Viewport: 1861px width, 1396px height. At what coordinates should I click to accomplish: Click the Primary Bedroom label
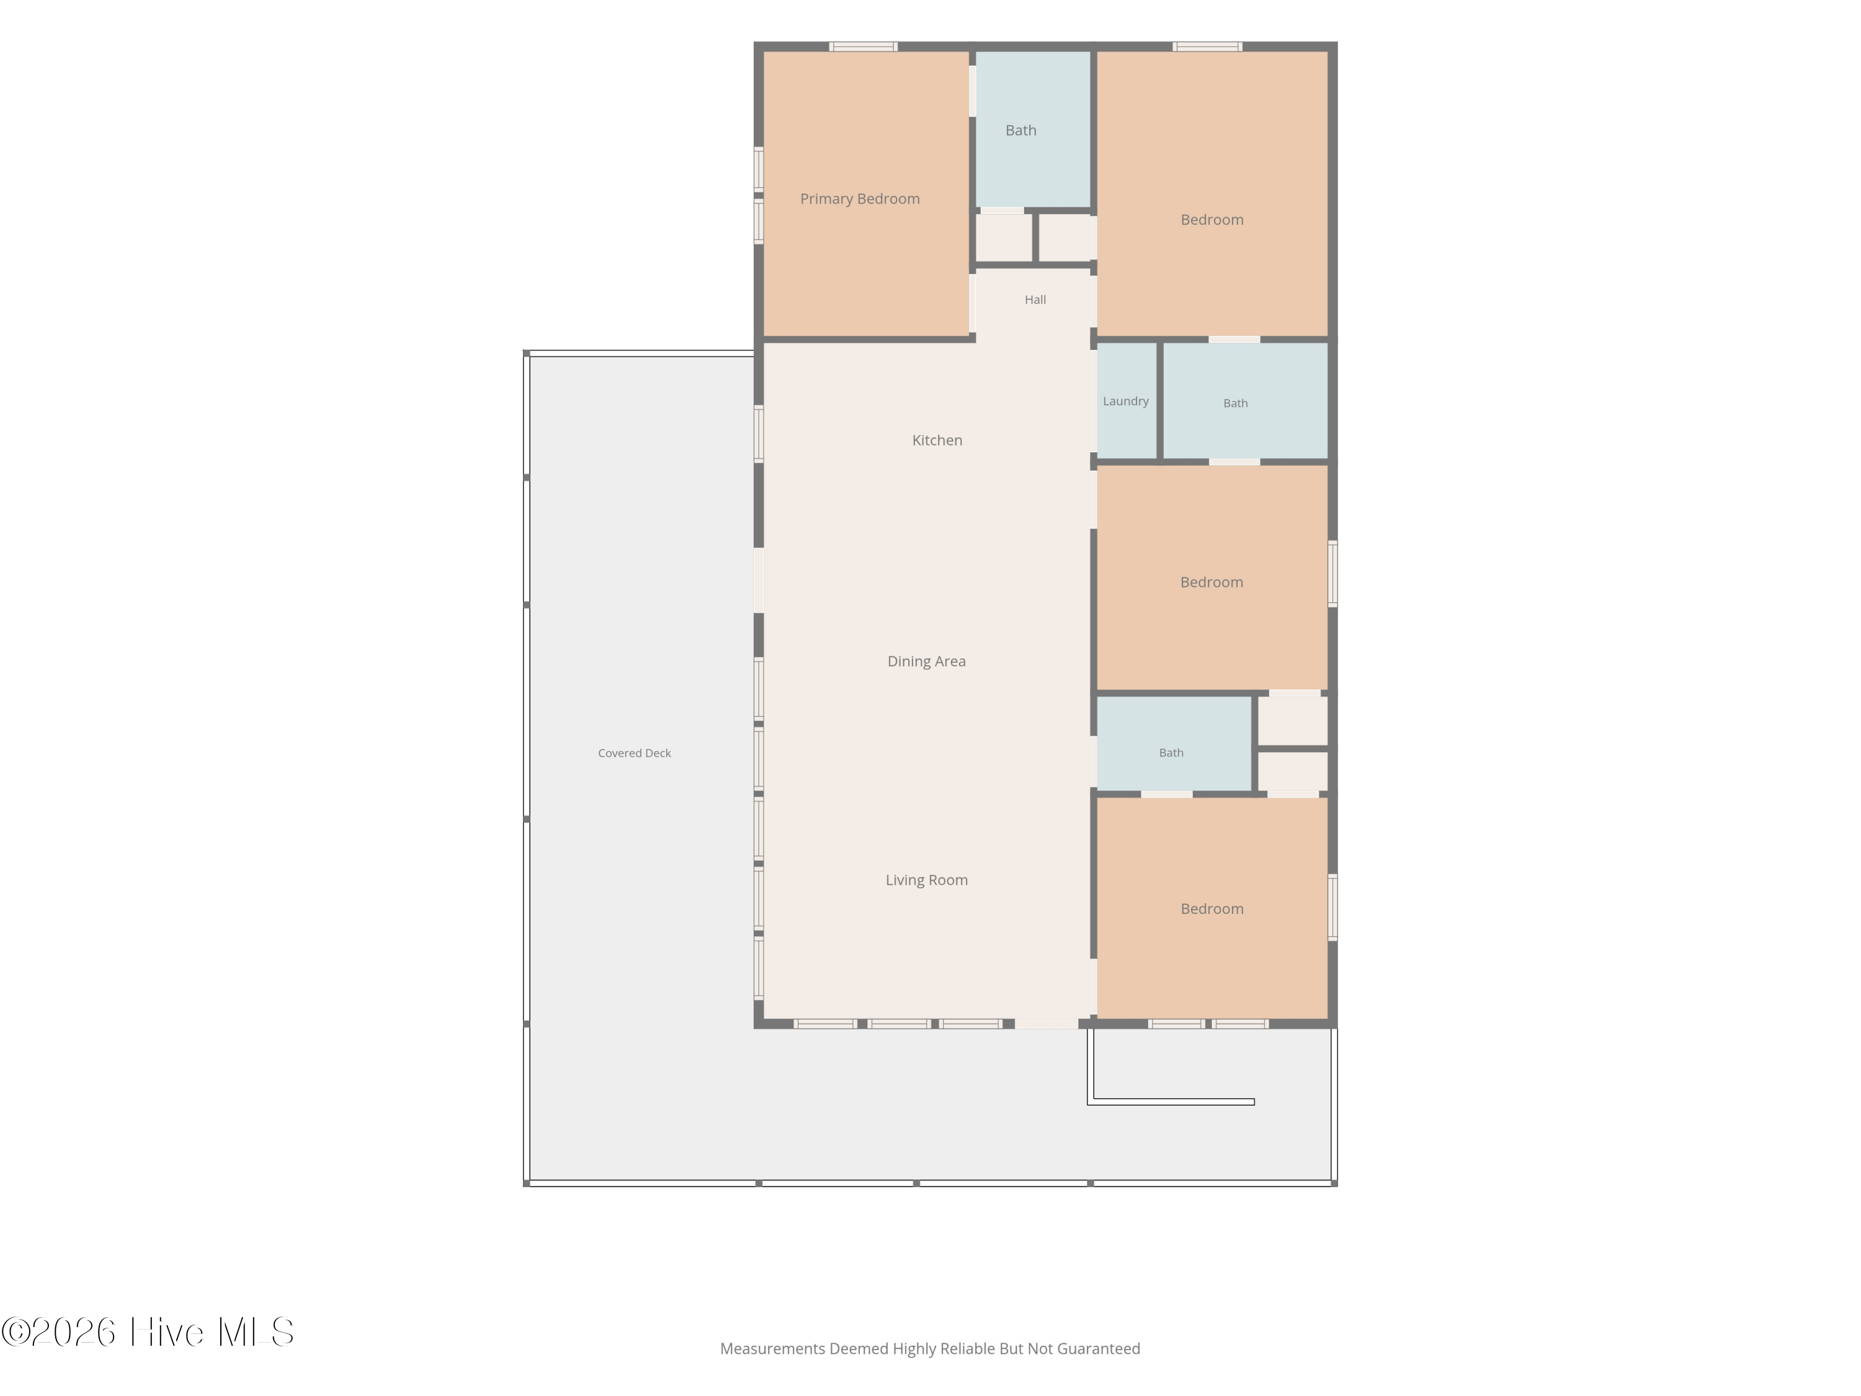coord(859,199)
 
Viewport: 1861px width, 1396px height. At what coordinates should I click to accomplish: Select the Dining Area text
coord(926,662)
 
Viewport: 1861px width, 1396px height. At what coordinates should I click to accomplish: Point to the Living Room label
coord(926,880)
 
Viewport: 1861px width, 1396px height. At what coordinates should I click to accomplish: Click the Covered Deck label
coord(635,753)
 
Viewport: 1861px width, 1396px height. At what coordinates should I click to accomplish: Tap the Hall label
coord(1035,300)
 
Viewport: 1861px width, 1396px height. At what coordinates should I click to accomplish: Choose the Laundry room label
coord(1126,401)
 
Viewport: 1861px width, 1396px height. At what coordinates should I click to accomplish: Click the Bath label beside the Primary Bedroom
coord(1020,130)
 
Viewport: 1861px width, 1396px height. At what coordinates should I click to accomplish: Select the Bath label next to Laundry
coord(1235,403)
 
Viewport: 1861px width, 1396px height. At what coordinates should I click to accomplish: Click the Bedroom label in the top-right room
coord(1212,220)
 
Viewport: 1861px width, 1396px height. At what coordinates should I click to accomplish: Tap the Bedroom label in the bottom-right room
coord(1212,909)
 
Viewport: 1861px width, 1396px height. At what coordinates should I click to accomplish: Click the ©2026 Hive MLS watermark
coord(147,1332)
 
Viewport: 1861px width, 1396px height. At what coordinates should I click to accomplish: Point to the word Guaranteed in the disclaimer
coord(1098,1349)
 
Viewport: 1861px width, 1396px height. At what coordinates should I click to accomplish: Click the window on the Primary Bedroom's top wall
coord(864,47)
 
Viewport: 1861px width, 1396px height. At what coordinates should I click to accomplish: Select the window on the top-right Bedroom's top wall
coord(1207,47)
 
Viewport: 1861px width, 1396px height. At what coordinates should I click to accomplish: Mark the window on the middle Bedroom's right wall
coord(1332,574)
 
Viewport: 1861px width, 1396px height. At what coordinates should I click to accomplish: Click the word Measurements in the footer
coord(772,1349)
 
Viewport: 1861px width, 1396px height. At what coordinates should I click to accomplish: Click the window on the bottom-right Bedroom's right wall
coord(1332,907)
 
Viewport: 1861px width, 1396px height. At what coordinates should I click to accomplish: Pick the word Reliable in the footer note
coord(968,1349)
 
